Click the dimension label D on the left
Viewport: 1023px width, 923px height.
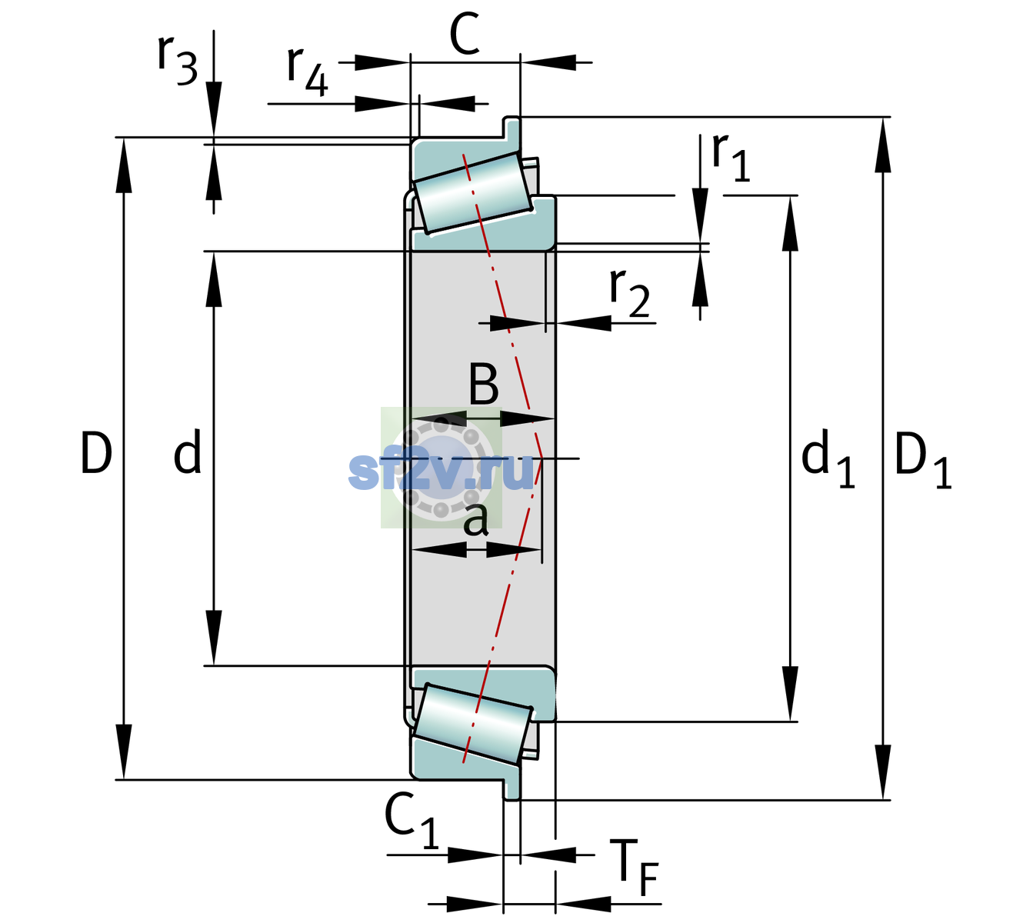pos(96,453)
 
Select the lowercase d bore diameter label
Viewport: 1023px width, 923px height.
pos(188,452)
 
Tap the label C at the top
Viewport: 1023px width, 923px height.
pos(465,34)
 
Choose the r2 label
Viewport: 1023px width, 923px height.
pos(629,293)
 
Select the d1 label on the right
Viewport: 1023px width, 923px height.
pos(828,458)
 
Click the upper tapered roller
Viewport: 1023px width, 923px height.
pos(473,193)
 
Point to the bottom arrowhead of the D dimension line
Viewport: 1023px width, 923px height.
pos(123,751)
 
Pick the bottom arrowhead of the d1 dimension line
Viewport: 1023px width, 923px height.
pos(790,694)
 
